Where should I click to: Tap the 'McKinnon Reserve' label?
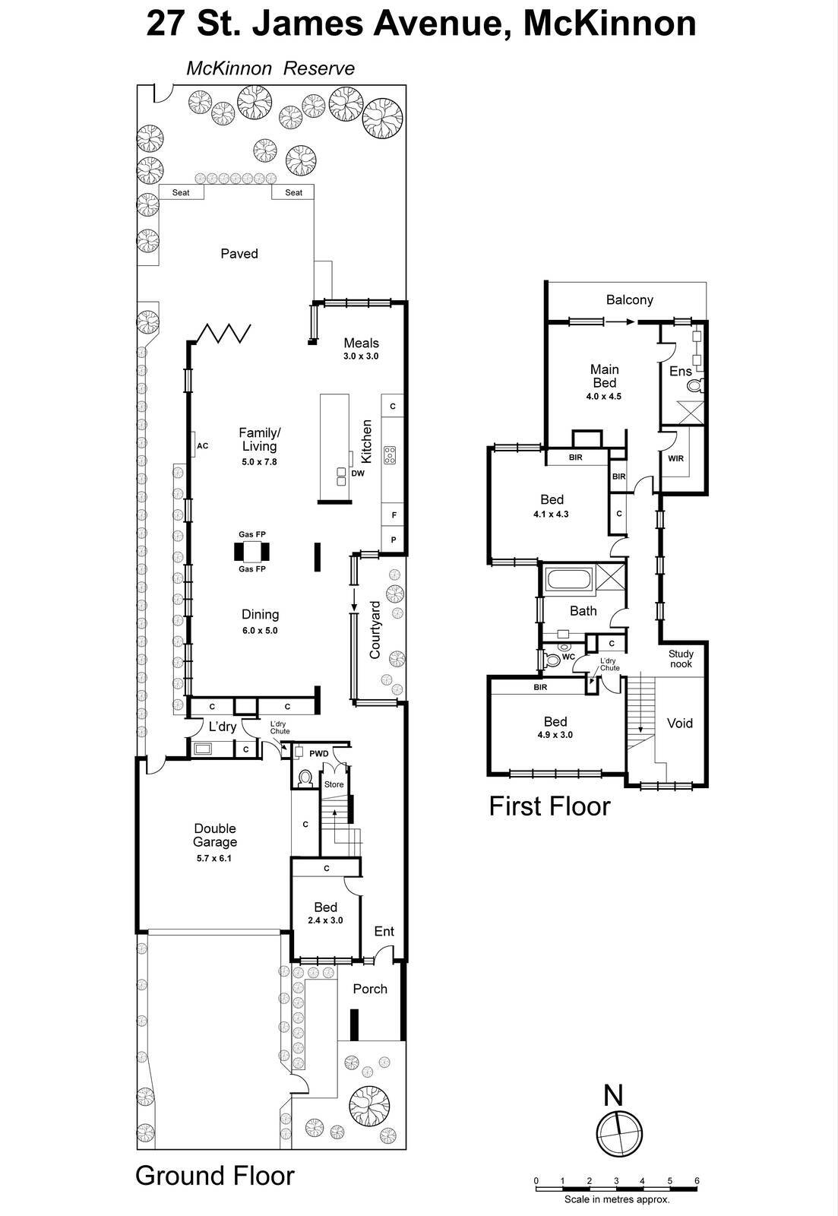(270, 68)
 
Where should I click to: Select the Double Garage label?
(215, 835)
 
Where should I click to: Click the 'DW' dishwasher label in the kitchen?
(358, 473)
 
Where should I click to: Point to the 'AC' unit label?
(202, 446)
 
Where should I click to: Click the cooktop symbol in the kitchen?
(390, 455)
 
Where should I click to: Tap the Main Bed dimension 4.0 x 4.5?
(604, 396)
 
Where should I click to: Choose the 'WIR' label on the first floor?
(675, 458)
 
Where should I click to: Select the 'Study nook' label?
(681, 659)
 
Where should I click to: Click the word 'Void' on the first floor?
(680, 723)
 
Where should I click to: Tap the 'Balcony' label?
(629, 299)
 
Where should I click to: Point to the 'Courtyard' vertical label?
(375, 630)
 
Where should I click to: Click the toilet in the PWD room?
(305, 777)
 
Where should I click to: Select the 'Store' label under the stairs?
(334, 784)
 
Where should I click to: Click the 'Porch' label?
(370, 989)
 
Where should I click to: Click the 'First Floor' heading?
(549, 806)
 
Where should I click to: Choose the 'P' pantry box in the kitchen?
(394, 540)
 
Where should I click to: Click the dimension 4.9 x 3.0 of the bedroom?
(555, 735)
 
